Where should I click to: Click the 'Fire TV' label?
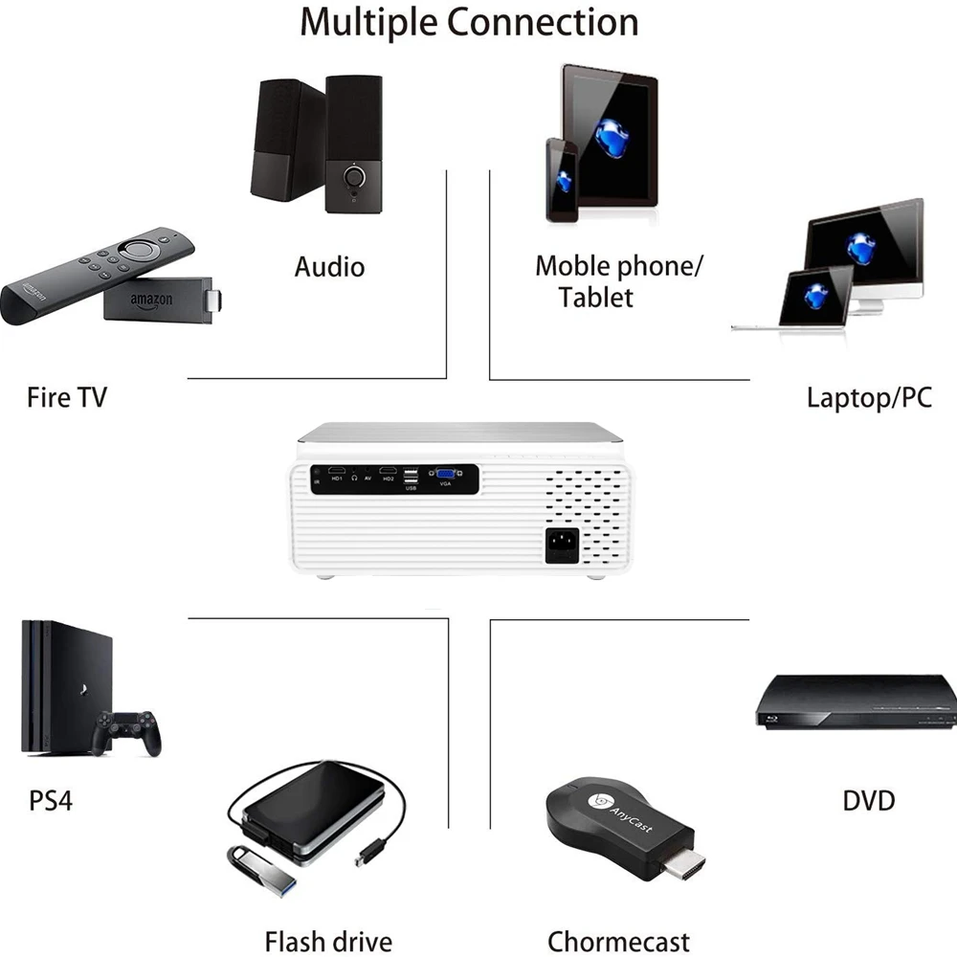(x=66, y=396)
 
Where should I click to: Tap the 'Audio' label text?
(x=329, y=266)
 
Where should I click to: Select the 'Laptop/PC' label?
(x=868, y=397)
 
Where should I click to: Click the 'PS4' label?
(x=50, y=799)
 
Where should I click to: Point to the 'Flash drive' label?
(x=327, y=941)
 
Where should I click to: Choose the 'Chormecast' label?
(x=618, y=941)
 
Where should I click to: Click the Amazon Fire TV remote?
(x=96, y=273)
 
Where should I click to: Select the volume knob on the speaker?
(x=356, y=178)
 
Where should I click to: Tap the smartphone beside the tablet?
(x=562, y=179)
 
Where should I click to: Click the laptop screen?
(x=815, y=296)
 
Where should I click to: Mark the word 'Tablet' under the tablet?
(x=596, y=297)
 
